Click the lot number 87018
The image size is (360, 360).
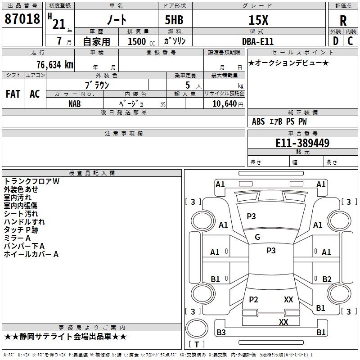pyautogui.click(x=22, y=19)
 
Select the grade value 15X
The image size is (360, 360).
pyautogui.click(x=258, y=20)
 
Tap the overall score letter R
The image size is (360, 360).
pyautogui.click(x=343, y=21)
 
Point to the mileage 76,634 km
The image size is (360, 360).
pyautogui.click(x=55, y=65)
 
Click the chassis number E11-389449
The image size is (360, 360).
pyautogui.click(x=302, y=143)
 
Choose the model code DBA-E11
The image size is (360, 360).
pyautogui.click(x=258, y=41)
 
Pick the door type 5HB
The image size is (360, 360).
pyautogui.click(x=174, y=20)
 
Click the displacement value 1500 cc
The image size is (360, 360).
pyautogui.click(x=141, y=41)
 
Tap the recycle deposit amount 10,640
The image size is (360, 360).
pyautogui.click(x=225, y=104)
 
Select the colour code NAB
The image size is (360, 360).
pyautogui.click(x=75, y=104)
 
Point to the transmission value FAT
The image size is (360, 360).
pyautogui.click(x=13, y=94)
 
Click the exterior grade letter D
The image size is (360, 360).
pyautogui.click(x=336, y=41)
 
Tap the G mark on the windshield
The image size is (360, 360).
pyautogui.click(x=257, y=237)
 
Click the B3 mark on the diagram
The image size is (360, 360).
pyautogui.click(x=221, y=332)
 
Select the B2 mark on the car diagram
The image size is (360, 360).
pyautogui.click(x=327, y=279)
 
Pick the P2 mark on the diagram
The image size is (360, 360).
pyautogui.click(x=253, y=299)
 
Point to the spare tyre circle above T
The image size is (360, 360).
pyautogui.click(x=197, y=328)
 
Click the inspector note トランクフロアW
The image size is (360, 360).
pyautogui.click(x=31, y=181)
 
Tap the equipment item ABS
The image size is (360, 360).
pyautogui.click(x=258, y=121)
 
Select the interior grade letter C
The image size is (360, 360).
pyautogui.click(x=350, y=41)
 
